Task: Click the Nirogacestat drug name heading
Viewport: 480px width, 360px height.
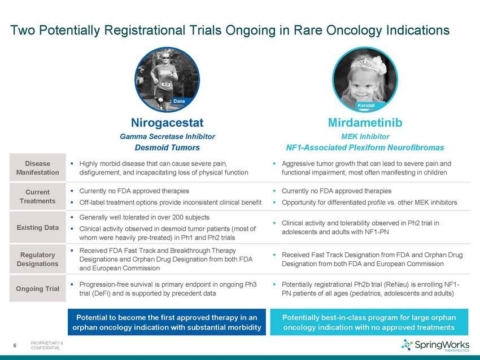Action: (167, 122)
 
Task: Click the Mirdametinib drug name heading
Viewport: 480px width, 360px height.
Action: (365, 122)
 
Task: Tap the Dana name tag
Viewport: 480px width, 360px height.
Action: (179, 101)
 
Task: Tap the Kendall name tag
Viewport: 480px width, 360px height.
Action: (366, 106)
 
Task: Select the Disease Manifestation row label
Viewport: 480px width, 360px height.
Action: (38, 168)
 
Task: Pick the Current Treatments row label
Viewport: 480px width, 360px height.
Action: (38, 196)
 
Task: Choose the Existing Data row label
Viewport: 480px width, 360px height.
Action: (38, 227)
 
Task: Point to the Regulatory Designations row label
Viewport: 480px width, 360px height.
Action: (38, 259)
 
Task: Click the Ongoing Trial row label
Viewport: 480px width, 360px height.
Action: (38, 288)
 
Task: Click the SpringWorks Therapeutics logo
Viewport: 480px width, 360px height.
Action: (435, 345)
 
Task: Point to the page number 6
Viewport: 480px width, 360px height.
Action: (14, 346)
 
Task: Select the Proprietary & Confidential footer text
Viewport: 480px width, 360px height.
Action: (47, 346)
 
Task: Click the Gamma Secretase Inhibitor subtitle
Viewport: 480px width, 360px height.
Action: (167, 137)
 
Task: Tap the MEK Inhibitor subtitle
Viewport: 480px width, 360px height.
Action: (365, 137)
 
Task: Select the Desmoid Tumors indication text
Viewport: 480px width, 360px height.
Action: (167, 147)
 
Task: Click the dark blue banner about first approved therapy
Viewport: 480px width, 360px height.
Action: (167, 322)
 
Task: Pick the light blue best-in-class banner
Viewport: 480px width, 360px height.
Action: (369, 322)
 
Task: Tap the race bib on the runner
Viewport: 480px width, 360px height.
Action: (165, 84)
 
